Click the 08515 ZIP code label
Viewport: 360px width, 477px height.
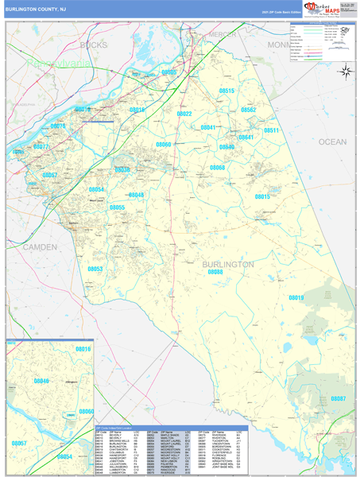[x=226, y=91]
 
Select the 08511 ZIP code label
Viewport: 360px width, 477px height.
[x=272, y=130]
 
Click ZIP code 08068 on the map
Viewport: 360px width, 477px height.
[x=218, y=168]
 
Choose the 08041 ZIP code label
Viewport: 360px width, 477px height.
[x=208, y=127]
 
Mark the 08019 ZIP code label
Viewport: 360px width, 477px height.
[x=296, y=297]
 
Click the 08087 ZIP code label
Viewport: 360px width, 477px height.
[x=339, y=397]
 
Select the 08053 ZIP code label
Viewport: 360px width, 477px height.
[x=95, y=269]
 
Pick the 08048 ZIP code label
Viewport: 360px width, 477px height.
[x=136, y=195]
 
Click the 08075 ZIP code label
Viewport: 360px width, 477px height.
[x=59, y=126]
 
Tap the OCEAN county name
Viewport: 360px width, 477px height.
[x=333, y=141]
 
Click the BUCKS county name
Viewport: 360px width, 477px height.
[x=93, y=45]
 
